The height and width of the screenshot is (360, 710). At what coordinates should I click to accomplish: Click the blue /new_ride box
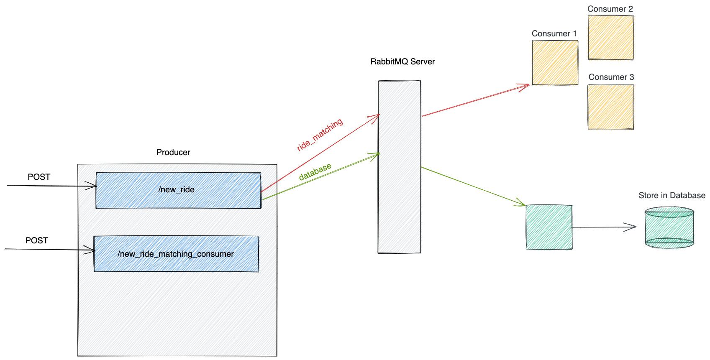point(178,190)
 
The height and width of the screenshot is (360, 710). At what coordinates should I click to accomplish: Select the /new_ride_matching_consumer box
point(176,254)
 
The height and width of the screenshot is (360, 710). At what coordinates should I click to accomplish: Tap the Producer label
point(173,153)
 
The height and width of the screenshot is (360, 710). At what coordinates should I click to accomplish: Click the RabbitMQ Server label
point(402,62)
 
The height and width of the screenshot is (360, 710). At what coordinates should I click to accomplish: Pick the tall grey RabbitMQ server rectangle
point(399,167)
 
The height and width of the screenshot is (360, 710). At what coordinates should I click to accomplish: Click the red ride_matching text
point(320,135)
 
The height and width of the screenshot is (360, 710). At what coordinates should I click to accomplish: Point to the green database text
point(315,171)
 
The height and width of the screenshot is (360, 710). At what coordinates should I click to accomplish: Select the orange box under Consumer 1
point(555,63)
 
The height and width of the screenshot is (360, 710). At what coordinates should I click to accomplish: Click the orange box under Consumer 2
point(610,37)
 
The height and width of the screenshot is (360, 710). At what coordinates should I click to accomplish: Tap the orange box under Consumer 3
point(610,107)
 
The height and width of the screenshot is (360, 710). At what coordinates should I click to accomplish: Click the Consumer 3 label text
point(611,77)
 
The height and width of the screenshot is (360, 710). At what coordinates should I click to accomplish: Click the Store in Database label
point(672,196)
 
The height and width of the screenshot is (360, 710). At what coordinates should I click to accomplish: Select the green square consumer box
point(549,227)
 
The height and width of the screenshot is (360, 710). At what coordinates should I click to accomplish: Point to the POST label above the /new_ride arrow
point(39,177)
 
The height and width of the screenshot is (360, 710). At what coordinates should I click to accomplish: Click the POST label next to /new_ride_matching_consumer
point(37,241)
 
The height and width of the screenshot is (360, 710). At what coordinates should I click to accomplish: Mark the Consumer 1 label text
point(554,34)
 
